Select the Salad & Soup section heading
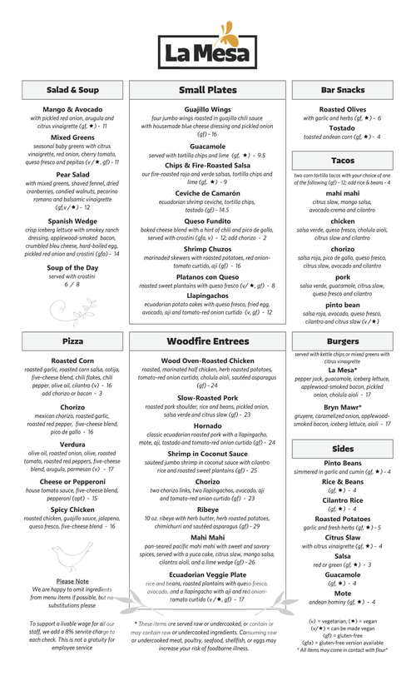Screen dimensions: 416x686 72,89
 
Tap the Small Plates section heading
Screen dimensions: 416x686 207,89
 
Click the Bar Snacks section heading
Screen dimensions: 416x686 343,89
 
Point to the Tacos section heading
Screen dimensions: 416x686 343,160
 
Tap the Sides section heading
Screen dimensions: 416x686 343,448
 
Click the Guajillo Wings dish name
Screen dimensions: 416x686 207,109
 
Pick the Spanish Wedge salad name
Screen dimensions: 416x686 72,221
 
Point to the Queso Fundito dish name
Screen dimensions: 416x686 207,221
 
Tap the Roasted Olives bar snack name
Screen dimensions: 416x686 343,109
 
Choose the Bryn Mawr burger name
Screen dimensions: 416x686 343,407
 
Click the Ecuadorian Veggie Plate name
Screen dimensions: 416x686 207,574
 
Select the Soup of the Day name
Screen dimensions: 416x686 72,267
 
